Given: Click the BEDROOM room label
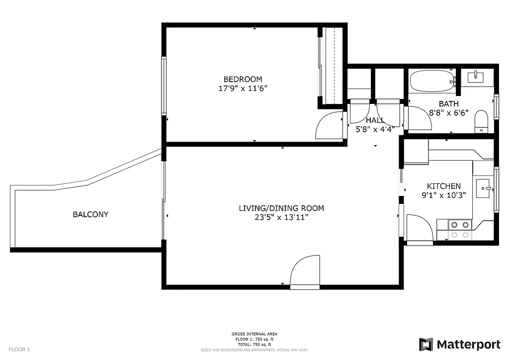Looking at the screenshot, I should [243, 79].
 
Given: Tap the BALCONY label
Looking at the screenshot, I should [90, 214].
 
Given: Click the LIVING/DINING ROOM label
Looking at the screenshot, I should [281, 208].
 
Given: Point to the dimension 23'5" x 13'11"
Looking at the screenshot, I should [281, 217].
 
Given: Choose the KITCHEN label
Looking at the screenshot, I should [443, 186].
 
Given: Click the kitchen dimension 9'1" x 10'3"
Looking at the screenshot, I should [443, 195].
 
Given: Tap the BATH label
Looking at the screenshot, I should [448, 104].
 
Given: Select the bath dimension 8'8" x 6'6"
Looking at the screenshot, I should [448, 113].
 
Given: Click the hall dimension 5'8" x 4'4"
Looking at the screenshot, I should [375, 129].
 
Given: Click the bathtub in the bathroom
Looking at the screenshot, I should [431, 81].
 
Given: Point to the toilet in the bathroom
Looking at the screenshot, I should [481, 122].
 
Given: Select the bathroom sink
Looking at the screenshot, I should [477, 76].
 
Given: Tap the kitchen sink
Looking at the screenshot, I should [483, 188].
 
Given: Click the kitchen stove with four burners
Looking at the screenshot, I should [460, 229].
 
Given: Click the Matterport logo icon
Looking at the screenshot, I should [426, 344].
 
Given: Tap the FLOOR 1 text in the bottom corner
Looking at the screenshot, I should [19, 349].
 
